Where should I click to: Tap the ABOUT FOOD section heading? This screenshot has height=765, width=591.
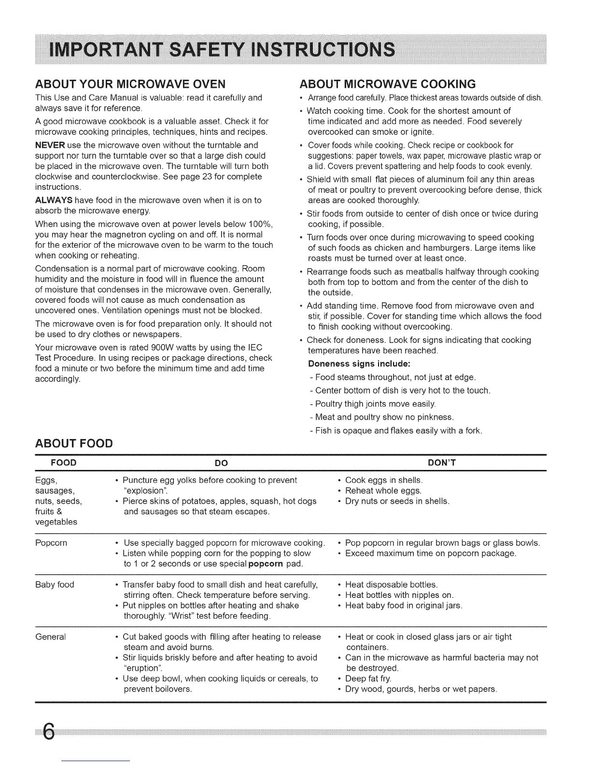point(74,443)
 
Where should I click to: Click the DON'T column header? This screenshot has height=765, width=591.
point(442,463)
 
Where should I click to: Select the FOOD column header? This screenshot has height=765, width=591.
point(64,463)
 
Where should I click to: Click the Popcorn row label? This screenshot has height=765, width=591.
point(51,543)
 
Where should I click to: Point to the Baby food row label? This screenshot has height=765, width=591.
point(55,585)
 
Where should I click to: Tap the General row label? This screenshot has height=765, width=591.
point(51,637)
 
